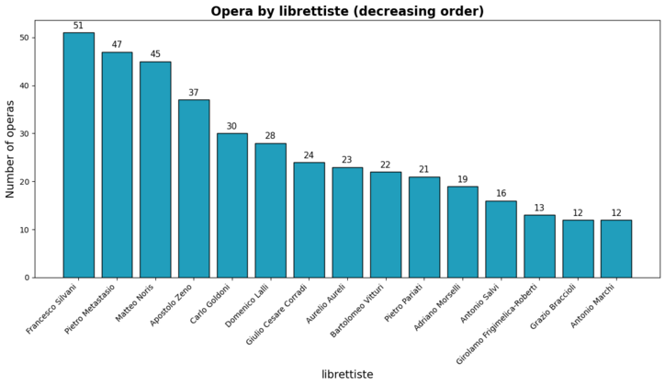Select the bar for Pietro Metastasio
117,165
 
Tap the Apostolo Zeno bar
194,188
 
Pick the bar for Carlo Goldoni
231,205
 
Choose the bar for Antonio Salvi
501,239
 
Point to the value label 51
78,26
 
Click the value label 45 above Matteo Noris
155,54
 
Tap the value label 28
270,136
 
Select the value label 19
462,179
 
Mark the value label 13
539,208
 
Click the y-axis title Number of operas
11,149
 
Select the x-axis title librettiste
347,375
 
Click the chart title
347,11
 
